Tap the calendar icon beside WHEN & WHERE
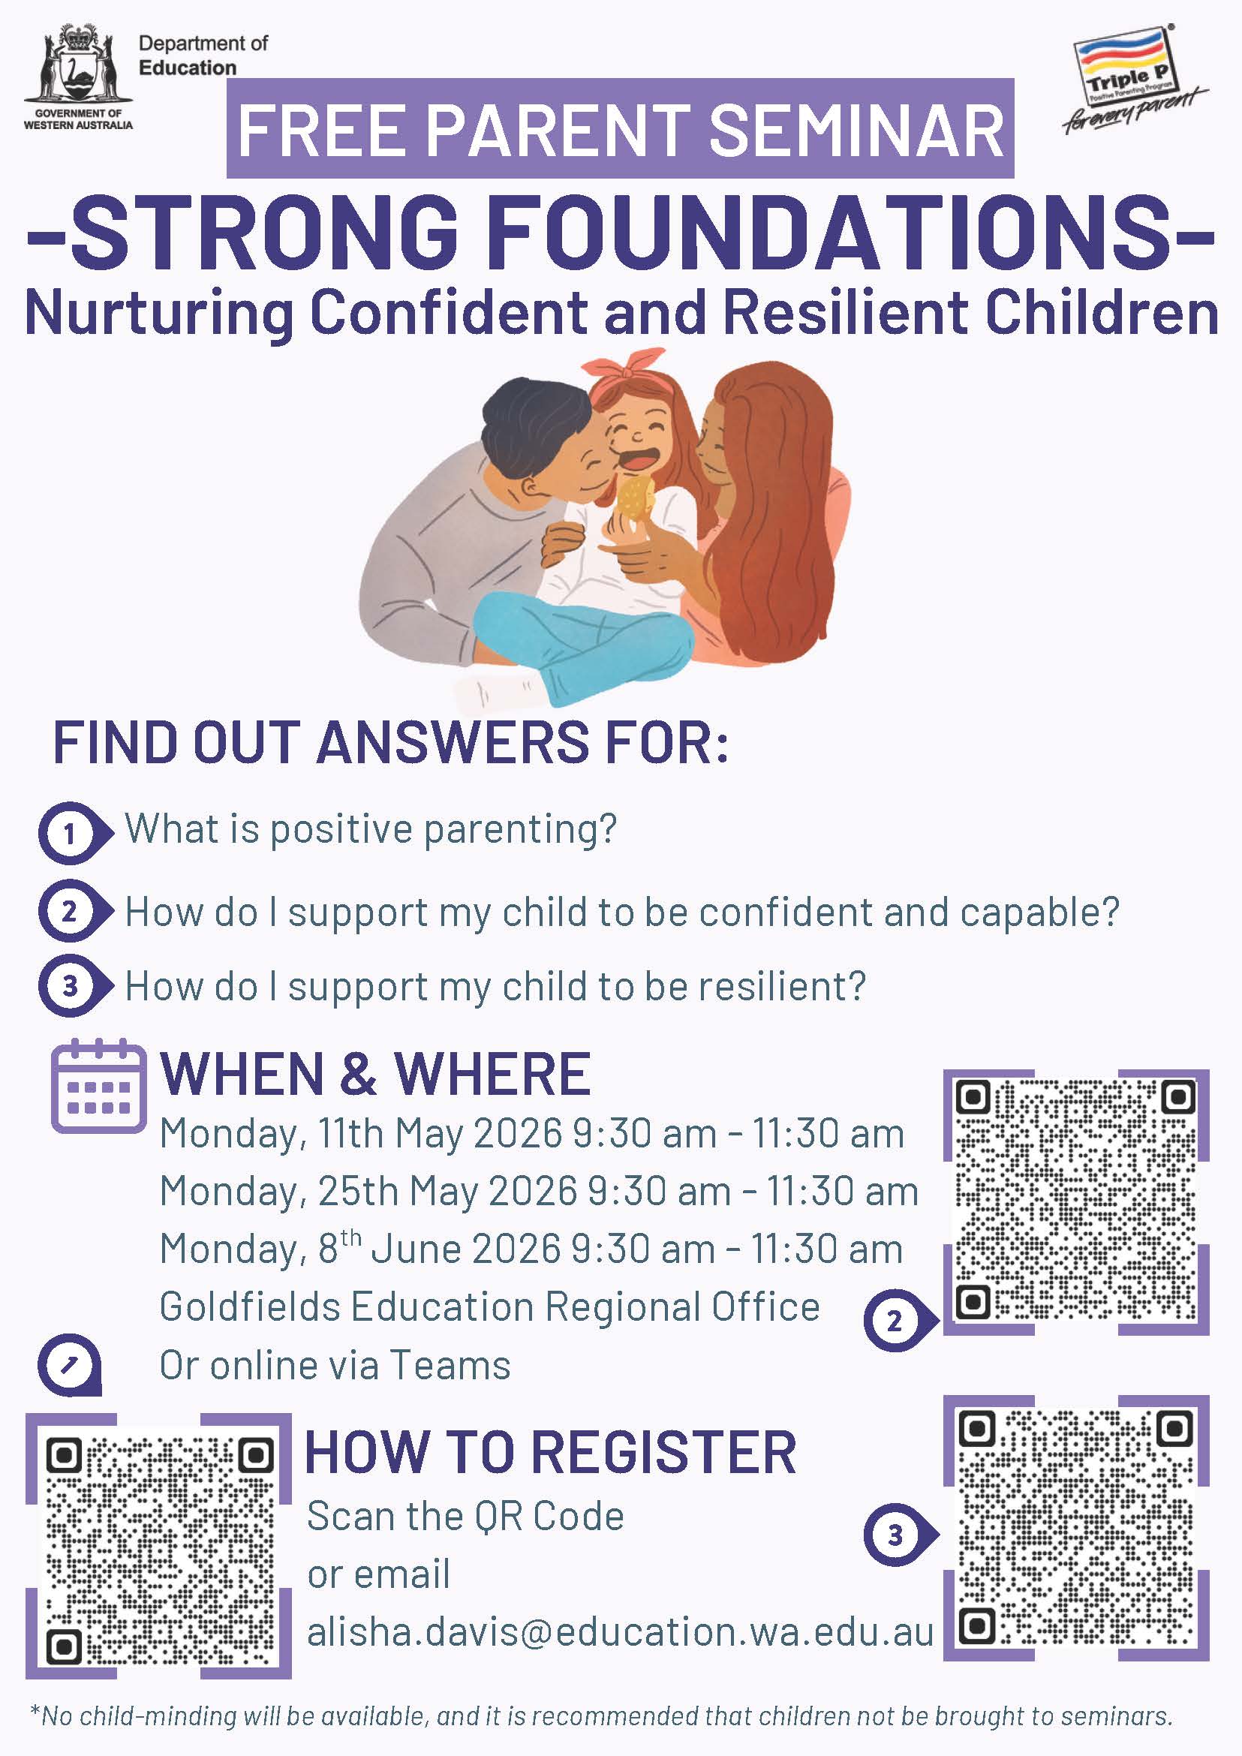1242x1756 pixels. pyautogui.click(x=98, y=1085)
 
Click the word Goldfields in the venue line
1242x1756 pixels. pyautogui.click(x=250, y=1307)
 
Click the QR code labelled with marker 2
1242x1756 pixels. pyautogui.click(x=1075, y=1201)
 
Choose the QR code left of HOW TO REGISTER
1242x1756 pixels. pyautogui.click(x=159, y=1546)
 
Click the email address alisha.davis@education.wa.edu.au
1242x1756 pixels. pyautogui.click(x=620, y=1632)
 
